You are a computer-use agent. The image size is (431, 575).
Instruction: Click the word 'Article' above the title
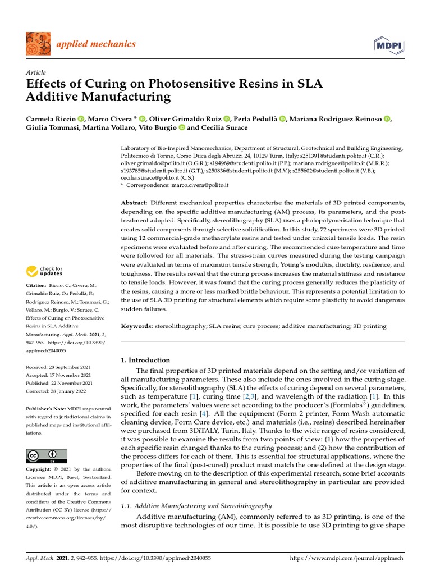pyautogui.click(x=35, y=73)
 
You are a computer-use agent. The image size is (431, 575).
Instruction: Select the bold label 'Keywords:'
pyautogui.click(x=137, y=326)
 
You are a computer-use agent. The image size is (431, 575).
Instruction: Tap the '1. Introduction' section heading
pyautogui.click(x=145, y=360)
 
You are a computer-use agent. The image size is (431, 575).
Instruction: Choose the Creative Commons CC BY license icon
pyautogui.click(x=46, y=455)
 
